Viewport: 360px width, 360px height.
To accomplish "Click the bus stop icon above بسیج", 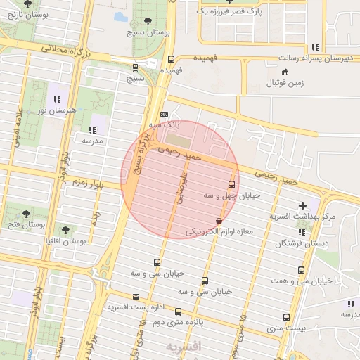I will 135,68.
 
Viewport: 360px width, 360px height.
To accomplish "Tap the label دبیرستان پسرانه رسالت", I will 311,59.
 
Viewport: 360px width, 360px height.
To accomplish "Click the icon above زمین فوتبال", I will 285,72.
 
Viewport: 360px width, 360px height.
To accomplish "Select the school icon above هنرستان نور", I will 56,99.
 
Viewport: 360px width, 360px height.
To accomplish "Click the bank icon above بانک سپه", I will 165,114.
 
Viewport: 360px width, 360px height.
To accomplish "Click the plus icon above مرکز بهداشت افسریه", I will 302,205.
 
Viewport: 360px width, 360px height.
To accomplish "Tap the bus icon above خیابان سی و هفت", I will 302,270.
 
